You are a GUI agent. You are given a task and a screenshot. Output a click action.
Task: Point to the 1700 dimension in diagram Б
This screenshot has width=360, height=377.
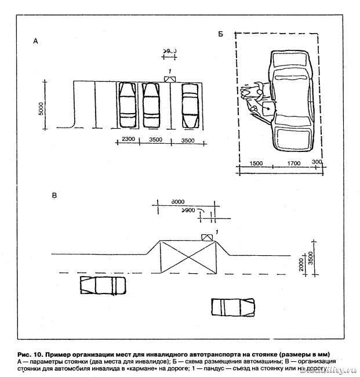(x=293, y=164)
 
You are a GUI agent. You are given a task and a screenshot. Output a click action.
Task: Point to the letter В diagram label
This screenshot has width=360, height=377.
(x=54, y=196)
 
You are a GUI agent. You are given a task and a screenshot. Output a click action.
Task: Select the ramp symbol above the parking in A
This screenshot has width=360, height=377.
(x=169, y=79)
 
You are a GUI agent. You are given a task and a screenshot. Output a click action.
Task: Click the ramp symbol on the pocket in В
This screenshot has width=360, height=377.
(x=206, y=236)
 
